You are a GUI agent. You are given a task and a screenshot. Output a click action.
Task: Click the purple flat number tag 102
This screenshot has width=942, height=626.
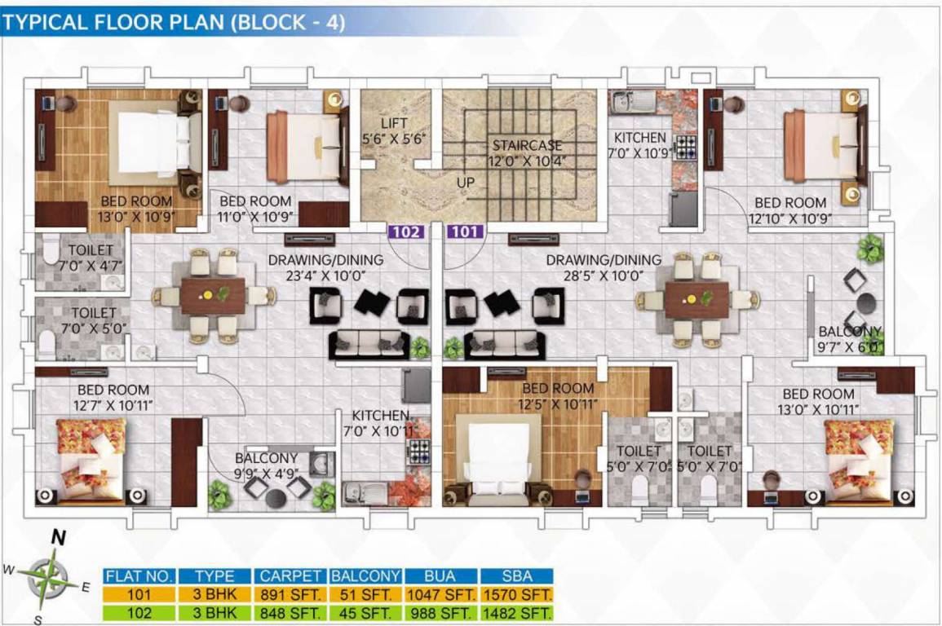point(406,231)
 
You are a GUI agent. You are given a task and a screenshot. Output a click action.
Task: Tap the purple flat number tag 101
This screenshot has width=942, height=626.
point(466,231)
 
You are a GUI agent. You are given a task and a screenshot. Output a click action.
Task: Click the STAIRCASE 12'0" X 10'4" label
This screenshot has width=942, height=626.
point(527,153)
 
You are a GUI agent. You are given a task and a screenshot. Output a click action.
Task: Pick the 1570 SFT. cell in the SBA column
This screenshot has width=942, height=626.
point(517,594)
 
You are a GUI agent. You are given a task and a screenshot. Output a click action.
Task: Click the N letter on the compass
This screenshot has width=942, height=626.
point(58,537)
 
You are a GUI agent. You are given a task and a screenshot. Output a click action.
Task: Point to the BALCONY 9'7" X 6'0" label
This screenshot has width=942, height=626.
point(851,338)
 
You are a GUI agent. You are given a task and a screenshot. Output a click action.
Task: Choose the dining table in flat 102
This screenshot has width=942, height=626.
point(212,296)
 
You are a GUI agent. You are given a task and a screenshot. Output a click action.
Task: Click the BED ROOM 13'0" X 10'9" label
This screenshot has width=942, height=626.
point(136,209)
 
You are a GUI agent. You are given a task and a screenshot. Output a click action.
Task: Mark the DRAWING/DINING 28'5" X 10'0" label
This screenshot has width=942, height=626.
point(604,267)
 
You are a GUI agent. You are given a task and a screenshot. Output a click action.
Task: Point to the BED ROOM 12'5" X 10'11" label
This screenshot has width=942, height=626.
point(559,395)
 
